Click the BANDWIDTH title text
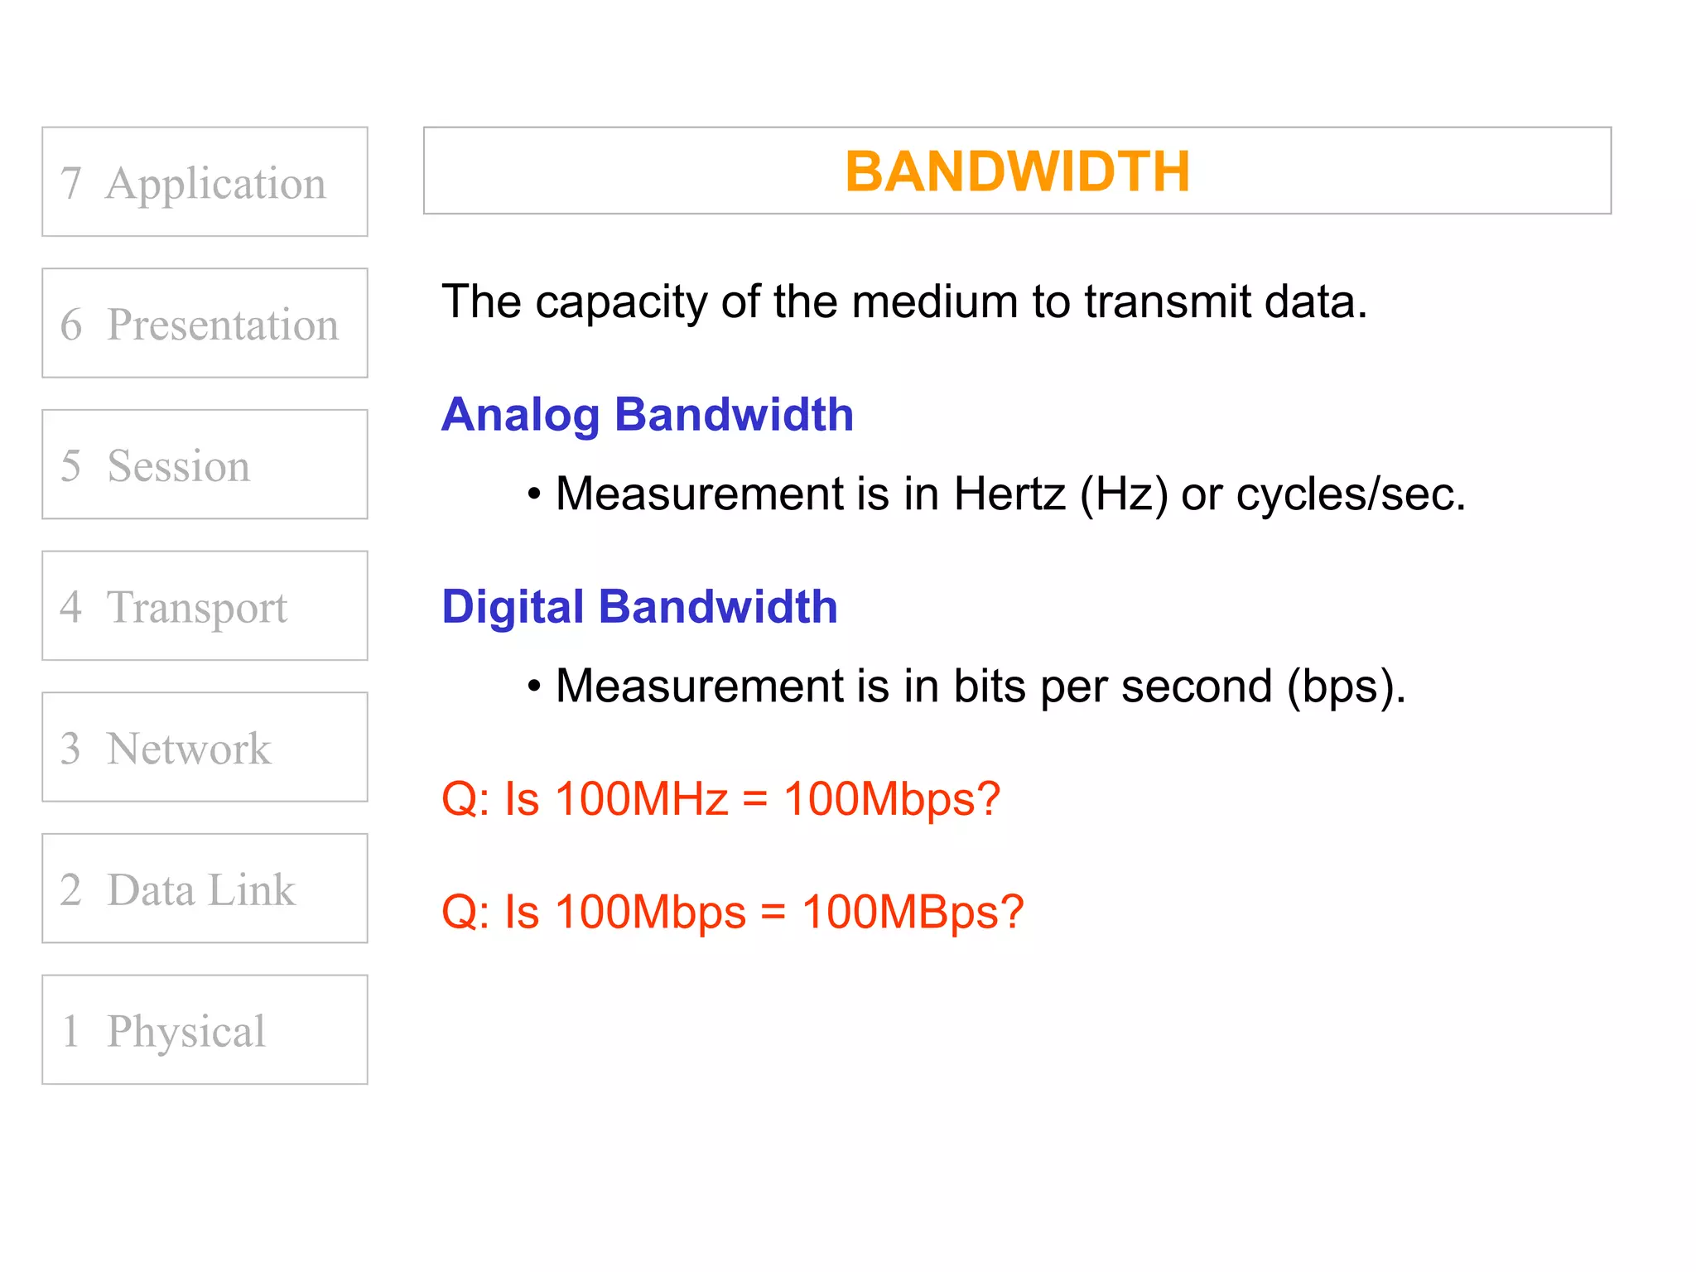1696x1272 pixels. (1017, 172)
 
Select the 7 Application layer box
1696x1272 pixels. (205, 182)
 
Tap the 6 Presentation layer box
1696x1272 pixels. (205, 323)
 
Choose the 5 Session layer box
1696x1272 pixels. (205, 465)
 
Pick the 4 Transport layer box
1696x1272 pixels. (205, 606)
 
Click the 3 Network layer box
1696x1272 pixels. (205, 747)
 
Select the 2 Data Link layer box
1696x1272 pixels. (205, 889)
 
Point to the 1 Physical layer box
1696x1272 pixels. (205, 1030)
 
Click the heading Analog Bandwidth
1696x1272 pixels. (647, 414)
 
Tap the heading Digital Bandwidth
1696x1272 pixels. (639, 606)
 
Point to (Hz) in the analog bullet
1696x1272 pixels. (1124, 494)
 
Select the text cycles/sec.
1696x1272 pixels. (1350, 494)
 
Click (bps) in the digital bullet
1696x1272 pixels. (1345, 687)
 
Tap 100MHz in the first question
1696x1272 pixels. (641, 799)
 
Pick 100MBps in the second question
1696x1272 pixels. (912, 912)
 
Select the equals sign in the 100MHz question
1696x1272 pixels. (755, 800)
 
